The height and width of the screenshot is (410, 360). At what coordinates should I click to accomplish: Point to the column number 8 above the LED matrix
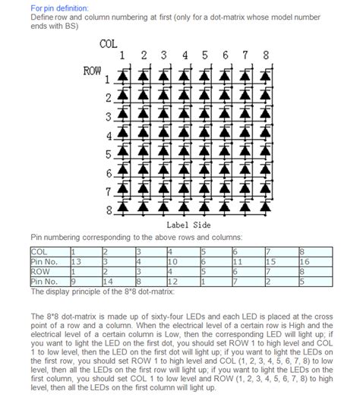pyautogui.click(x=265, y=55)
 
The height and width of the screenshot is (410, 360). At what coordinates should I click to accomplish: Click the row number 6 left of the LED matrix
pyautogui.click(x=109, y=173)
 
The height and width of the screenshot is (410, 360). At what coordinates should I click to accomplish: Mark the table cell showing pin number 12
pyautogui.click(x=183, y=282)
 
